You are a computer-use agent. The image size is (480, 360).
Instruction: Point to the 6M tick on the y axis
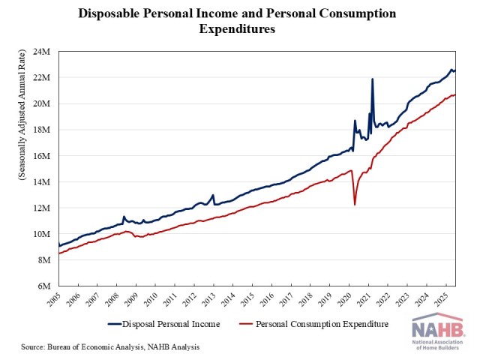(x=43, y=286)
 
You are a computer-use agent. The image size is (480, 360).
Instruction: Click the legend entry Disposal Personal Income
(x=165, y=324)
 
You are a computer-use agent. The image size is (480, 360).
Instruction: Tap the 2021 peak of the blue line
(x=373, y=79)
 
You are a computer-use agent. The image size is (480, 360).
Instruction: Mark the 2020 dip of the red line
(x=355, y=204)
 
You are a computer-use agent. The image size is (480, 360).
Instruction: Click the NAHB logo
(x=437, y=331)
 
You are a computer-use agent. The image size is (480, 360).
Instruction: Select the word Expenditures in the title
(x=235, y=29)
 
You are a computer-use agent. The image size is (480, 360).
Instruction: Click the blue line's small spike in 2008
(x=124, y=217)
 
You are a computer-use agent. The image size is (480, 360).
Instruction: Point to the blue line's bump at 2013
(x=213, y=195)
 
